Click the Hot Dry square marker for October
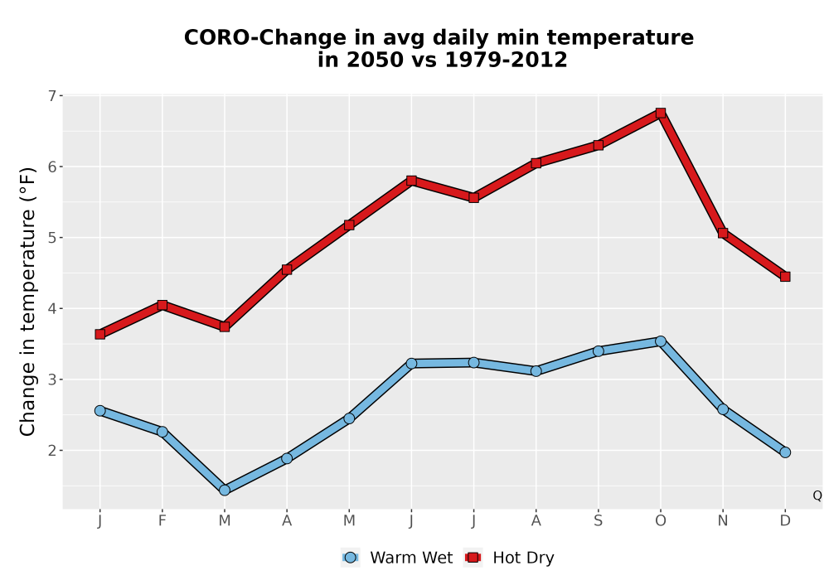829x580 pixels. coord(661,113)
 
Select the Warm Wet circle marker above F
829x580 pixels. coord(162,432)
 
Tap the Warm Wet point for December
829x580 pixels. coord(785,452)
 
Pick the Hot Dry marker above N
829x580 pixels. coord(723,233)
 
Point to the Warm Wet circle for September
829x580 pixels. coord(598,351)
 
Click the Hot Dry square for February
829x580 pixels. coord(162,305)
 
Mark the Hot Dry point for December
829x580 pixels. coord(785,277)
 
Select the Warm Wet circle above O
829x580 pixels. coord(661,341)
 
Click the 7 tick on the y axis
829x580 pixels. coord(51,95)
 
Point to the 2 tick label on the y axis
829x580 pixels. coord(51,451)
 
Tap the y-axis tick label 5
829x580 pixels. coord(51,238)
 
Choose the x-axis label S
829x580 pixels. coord(598,521)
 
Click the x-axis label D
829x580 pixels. coord(785,521)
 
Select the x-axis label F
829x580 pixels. coord(162,521)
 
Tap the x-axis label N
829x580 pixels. coord(723,521)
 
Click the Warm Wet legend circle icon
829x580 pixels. coord(350,558)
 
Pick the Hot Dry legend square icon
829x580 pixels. coord(473,558)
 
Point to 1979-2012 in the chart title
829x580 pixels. coord(506,60)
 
